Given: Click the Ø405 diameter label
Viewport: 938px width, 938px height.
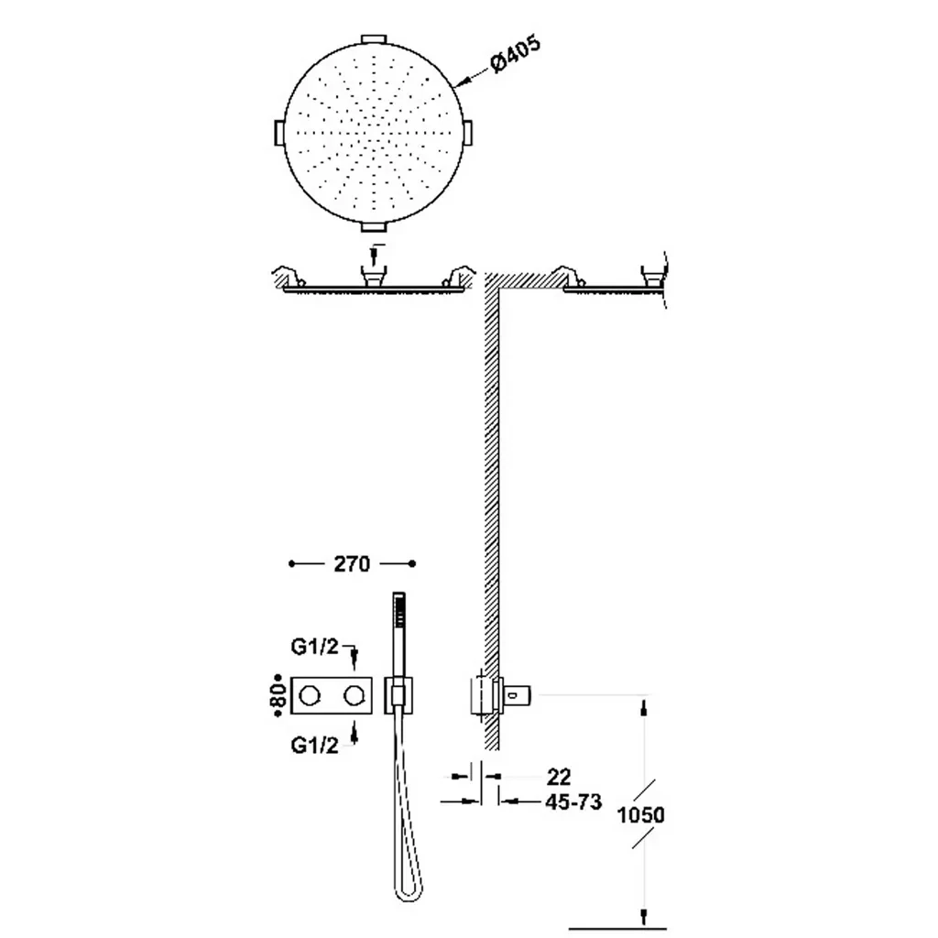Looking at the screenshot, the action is [515, 54].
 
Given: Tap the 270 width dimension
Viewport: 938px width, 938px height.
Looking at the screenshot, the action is [352, 563].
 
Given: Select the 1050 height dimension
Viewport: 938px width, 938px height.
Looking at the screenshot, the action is [640, 814].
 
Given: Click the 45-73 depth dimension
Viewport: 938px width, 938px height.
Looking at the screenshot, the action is [573, 802].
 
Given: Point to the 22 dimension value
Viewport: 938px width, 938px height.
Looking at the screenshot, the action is [559, 777].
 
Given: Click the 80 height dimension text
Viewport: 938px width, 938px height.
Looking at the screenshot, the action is [279, 696].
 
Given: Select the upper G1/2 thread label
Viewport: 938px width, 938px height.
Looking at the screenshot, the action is [315, 647].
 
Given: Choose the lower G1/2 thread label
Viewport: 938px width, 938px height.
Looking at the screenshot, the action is [315, 745].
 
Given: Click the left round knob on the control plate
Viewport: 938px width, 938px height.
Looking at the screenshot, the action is [310, 696].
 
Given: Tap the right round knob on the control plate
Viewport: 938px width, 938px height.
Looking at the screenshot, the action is [354, 696].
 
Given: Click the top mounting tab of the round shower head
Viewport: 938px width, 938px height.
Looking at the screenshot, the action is [374, 38].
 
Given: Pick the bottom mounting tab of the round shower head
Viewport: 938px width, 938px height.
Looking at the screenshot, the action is [374, 226].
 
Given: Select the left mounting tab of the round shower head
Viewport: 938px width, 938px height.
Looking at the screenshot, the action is [278, 132].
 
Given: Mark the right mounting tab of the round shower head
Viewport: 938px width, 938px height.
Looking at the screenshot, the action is [468, 132].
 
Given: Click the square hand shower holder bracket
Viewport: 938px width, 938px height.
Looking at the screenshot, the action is [399, 696].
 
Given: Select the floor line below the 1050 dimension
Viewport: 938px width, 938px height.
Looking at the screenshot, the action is [617, 929].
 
